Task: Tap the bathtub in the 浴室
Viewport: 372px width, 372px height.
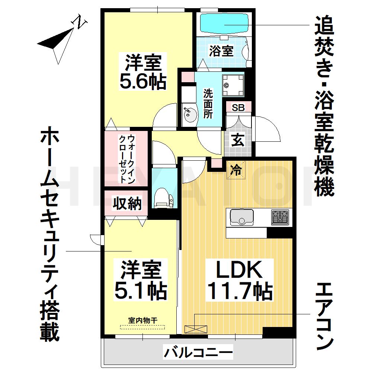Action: click(224, 23)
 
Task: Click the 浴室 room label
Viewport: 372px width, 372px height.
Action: click(221, 51)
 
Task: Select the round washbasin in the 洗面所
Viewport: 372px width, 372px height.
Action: click(189, 113)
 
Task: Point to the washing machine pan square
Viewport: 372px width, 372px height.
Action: click(233, 84)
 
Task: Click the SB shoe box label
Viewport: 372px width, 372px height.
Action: click(238, 108)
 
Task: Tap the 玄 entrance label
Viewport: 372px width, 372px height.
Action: click(238, 141)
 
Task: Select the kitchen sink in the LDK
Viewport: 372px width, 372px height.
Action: click(241, 217)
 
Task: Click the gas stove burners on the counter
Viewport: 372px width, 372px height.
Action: click(280, 217)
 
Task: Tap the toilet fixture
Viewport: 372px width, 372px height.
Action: click(163, 197)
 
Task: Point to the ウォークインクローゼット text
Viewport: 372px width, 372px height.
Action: click(126, 158)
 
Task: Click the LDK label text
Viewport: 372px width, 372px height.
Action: click(240, 271)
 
